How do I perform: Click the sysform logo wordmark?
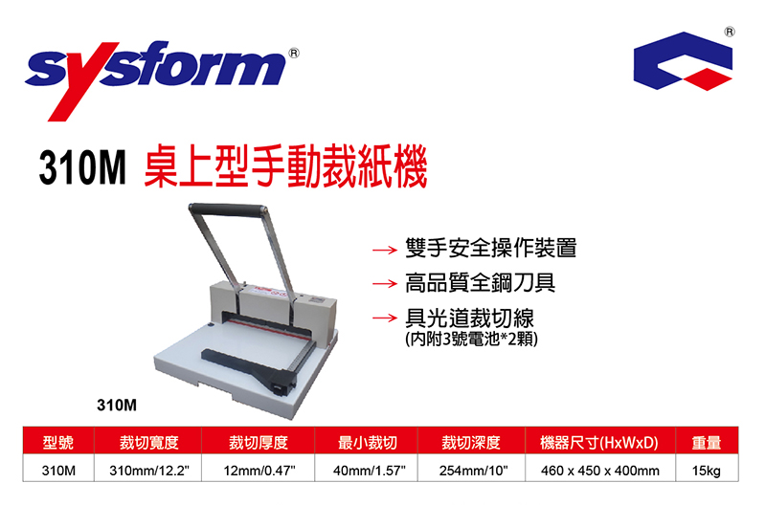[156, 78]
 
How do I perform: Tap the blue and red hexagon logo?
[683, 61]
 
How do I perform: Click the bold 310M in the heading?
[82, 167]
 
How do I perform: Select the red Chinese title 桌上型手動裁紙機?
[285, 167]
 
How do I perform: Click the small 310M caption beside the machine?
[117, 405]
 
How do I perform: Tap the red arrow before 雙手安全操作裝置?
[385, 251]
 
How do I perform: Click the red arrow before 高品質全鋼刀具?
[385, 283]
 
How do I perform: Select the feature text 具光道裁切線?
[469, 318]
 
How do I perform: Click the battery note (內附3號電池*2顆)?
[471, 339]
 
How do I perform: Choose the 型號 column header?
[58, 443]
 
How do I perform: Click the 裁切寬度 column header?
[149, 443]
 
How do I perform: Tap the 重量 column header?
[707, 443]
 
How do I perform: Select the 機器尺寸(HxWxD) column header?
[599, 443]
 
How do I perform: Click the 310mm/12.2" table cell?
[149, 471]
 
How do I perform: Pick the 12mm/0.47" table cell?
[259, 471]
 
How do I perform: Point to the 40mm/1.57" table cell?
[370, 471]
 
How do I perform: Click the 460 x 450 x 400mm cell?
[600, 471]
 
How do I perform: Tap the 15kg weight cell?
[707, 471]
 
